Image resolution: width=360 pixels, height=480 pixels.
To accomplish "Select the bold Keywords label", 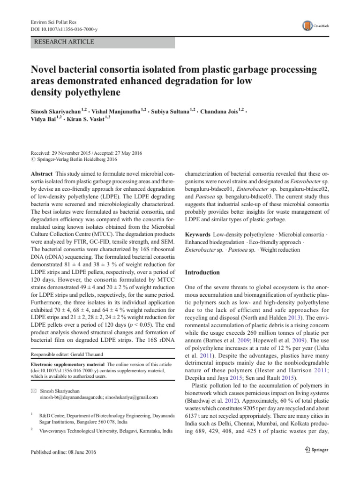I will click(198, 233).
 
